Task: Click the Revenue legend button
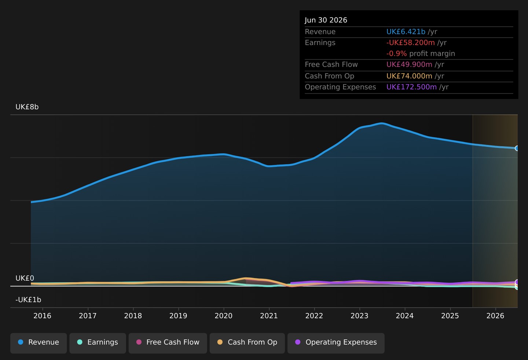point(38,343)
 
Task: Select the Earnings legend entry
point(98,343)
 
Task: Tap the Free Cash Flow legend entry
point(168,343)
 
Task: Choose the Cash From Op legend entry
point(247,343)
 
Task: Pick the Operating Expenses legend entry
point(336,343)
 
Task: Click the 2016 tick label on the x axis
point(43,316)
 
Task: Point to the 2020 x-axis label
point(223,316)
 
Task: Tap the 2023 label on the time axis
point(359,316)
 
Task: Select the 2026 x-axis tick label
point(495,316)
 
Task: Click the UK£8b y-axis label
point(27,107)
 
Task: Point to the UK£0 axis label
point(25,278)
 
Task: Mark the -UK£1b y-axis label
point(28,300)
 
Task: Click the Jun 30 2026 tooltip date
point(326,20)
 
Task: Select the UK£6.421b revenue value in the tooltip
point(406,32)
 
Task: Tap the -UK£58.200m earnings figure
point(411,43)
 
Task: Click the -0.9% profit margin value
point(397,54)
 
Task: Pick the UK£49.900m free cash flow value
point(410,65)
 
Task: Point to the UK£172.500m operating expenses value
point(411,87)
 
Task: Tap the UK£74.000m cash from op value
point(410,76)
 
